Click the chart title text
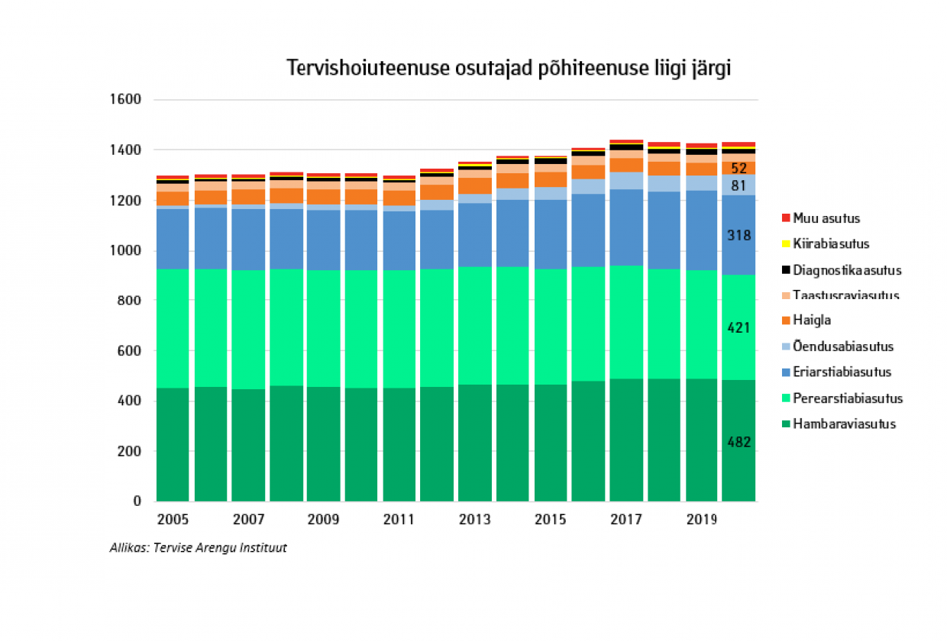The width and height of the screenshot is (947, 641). coord(509,68)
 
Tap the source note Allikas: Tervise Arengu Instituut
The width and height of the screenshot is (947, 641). coord(199,547)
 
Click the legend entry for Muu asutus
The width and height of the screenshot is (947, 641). coord(826,218)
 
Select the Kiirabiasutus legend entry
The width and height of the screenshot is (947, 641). coord(830,244)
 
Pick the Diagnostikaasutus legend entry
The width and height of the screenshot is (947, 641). coord(846,270)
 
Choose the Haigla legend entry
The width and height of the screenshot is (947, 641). coord(811,320)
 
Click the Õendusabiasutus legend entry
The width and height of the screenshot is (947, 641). coord(842,346)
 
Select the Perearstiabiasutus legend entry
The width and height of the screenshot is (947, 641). coord(847,398)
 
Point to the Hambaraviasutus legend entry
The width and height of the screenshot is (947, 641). coord(844,424)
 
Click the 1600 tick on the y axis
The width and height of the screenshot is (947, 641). coord(126,100)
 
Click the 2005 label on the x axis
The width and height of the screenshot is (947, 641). coord(173,520)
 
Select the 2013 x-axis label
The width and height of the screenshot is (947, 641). coord(474,520)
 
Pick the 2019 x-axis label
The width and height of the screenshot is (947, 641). coord(701,520)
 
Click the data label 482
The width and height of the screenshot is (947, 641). coord(739,442)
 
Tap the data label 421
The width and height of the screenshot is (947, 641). coord(739,328)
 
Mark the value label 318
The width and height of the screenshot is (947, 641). coord(739,236)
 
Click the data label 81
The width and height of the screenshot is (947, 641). coord(739,185)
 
